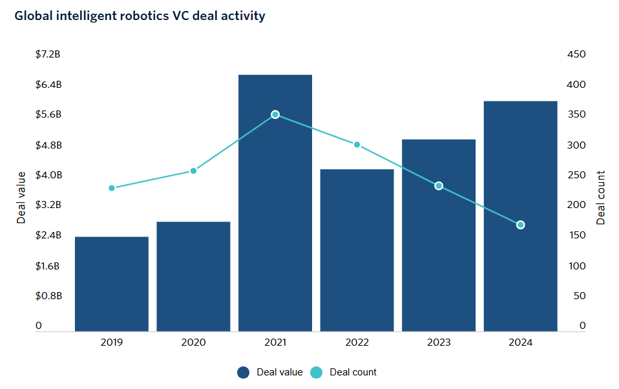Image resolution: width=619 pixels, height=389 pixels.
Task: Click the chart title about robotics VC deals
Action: [x=140, y=16]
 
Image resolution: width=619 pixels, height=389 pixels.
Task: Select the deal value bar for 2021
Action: [x=275, y=203]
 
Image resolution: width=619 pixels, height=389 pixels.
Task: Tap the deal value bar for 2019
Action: [x=112, y=284]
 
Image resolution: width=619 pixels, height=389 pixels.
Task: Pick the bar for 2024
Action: [x=520, y=216]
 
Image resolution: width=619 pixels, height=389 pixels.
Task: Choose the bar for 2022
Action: [x=357, y=250]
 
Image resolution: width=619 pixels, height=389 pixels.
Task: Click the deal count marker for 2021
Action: [x=275, y=114]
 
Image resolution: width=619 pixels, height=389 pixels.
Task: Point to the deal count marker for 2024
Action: [x=520, y=225]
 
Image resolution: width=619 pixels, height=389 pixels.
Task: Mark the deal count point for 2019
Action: [x=112, y=188]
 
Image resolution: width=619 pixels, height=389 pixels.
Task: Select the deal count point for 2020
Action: [x=193, y=171]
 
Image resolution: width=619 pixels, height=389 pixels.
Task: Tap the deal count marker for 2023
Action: [x=439, y=186]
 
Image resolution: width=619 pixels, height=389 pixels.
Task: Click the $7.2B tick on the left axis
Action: [x=48, y=54]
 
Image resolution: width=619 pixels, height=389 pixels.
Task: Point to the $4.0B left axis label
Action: [x=48, y=175]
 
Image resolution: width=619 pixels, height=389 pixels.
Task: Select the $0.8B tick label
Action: [x=48, y=296]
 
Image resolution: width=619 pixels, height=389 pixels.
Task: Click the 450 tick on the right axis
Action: [x=576, y=54]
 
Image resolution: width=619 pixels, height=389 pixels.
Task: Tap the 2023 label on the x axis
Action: [x=439, y=342]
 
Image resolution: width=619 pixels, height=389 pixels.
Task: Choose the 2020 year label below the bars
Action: [x=193, y=342]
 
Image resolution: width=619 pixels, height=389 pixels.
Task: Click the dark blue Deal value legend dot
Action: [x=243, y=372]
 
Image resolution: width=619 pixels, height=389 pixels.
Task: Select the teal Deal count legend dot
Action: [x=316, y=372]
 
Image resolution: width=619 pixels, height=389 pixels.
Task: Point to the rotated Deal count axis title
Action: [x=601, y=198]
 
